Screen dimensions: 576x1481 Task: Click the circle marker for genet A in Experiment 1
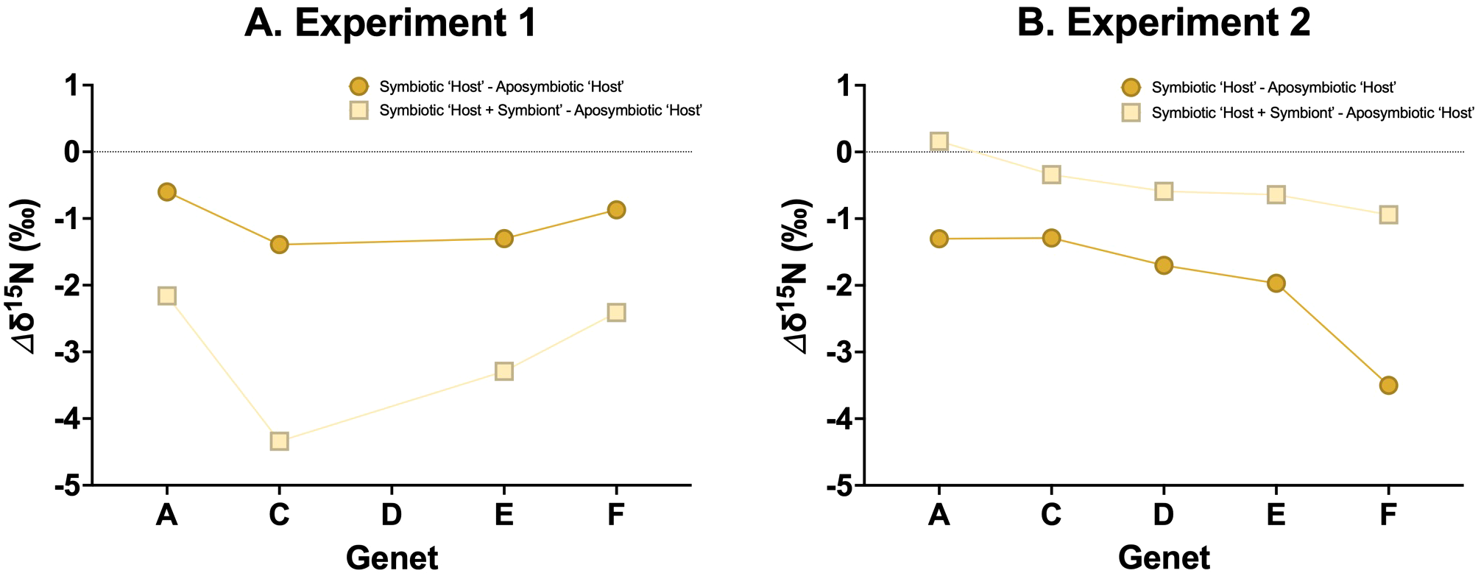tap(166, 192)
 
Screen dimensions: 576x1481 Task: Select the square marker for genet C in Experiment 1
tap(279, 441)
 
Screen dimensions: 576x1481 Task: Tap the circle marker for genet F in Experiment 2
tap(1388, 385)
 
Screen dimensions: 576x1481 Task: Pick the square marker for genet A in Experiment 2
tap(939, 141)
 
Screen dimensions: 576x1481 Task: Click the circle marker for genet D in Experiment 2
tap(1163, 265)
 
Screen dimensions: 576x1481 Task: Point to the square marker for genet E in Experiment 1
tap(503, 370)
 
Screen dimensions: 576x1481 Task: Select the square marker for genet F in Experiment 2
tap(1388, 214)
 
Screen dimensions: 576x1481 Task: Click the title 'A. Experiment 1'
tap(390, 24)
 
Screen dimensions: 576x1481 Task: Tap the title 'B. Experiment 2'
tap(1163, 24)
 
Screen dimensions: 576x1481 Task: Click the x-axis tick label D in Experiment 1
tap(391, 515)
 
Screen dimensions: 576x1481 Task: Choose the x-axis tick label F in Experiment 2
tap(1388, 515)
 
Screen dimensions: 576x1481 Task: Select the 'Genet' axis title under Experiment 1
tap(392, 558)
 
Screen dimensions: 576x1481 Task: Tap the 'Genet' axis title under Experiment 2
tap(1163, 558)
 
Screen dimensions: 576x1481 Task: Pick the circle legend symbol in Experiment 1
tap(358, 87)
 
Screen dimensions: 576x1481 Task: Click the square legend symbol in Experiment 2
tap(1131, 112)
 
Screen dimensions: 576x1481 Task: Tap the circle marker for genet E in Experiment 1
tap(503, 239)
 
